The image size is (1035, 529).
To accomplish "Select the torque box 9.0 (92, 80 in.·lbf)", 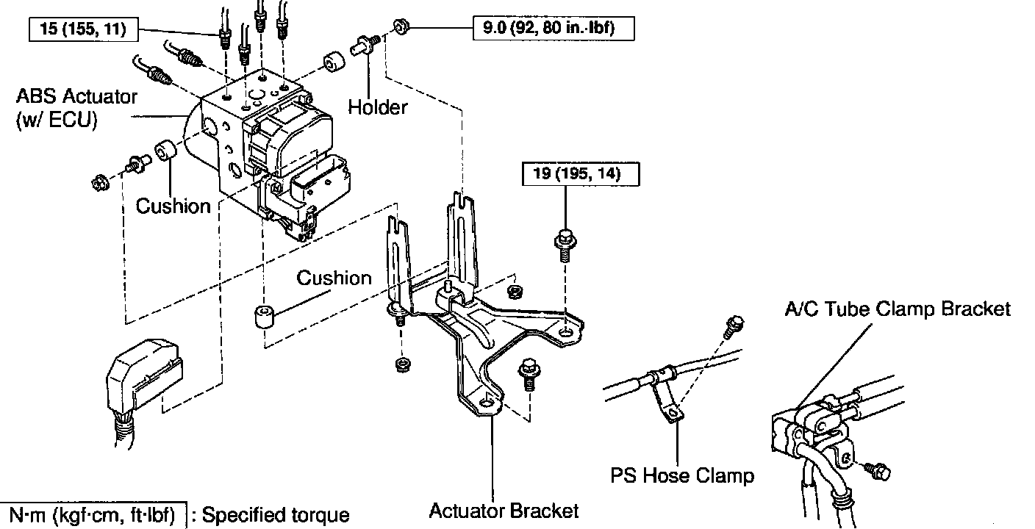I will tap(553, 29).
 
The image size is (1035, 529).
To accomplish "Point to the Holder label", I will tap(378, 107).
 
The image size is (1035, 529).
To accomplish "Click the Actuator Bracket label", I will tap(504, 510).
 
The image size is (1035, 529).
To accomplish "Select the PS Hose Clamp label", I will tap(682, 475).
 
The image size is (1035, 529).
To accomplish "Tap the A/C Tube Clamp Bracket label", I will tap(898, 309).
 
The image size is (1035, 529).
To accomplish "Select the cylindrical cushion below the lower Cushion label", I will tap(265, 317).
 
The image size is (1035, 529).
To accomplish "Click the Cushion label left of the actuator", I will tap(173, 206).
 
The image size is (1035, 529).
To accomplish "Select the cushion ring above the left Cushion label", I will tap(165, 151).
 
